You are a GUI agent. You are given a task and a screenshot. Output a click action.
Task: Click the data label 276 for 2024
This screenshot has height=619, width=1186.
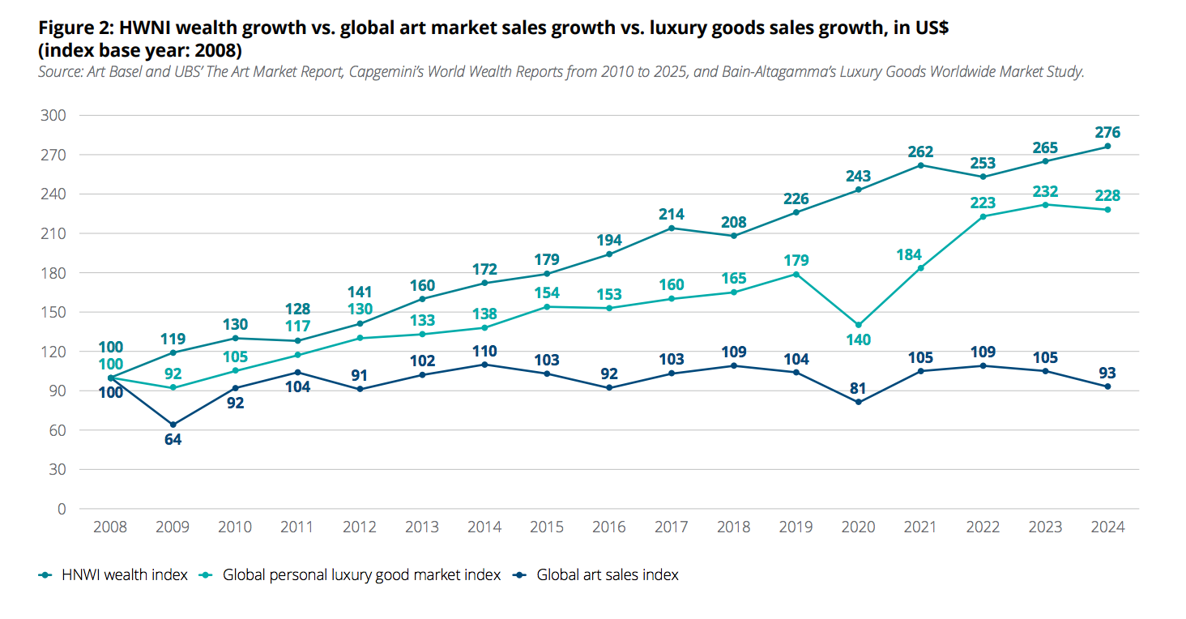tap(1107, 132)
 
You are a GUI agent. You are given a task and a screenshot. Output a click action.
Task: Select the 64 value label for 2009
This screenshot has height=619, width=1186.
tap(173, 440)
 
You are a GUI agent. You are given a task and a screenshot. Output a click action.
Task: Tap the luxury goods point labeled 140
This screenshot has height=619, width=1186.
tap(859, 325)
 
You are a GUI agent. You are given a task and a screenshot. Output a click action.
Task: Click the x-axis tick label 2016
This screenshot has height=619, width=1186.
tap(609, 527)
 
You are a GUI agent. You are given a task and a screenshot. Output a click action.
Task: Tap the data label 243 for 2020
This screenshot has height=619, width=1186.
tap(859, 176)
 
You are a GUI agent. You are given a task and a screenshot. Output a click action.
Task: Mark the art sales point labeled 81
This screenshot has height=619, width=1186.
tap(859, 402)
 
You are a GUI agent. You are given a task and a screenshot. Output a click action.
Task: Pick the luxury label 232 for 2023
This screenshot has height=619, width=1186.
tap(1045, 191)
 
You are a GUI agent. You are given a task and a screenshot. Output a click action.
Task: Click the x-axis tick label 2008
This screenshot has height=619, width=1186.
tap(110, 527)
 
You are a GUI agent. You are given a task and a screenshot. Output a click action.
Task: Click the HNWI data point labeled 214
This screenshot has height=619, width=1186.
tap(672, 228)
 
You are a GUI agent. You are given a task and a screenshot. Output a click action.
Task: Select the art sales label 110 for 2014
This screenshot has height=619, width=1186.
tap(484, 352)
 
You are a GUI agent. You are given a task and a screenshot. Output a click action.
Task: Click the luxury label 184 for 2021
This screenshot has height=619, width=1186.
tap(920, 255)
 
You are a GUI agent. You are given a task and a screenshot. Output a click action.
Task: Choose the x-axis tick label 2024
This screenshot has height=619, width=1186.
tap(1107, 527)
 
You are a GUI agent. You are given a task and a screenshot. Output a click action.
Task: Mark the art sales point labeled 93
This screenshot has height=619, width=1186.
tap(1107, 386)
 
